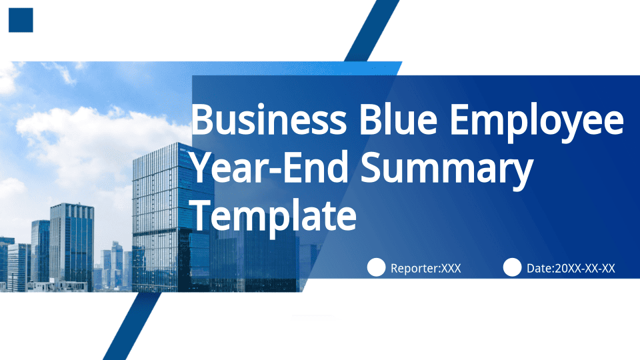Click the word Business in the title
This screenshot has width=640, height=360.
coord(269,119)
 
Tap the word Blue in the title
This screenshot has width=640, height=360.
coord(399,119)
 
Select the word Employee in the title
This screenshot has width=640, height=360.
coord(537,123)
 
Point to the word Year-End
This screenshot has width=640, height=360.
coord(269,167)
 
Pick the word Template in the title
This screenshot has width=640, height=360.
coord(274,215)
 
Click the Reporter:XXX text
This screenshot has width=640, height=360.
coord(426,268)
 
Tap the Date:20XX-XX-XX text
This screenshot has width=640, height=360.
coord(571,268)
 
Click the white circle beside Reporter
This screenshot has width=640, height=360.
coord(376,267)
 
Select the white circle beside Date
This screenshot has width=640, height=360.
coord(512,267)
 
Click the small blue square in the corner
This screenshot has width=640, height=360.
coord(21,20)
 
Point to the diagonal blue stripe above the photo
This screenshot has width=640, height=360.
coord(372,31)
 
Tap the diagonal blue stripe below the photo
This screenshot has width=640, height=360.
coord(132,326)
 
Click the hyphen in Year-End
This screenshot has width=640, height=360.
coord(276,170)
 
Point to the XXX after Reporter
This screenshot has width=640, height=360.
coord(451,268)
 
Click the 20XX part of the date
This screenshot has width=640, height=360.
coord(568,268)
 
